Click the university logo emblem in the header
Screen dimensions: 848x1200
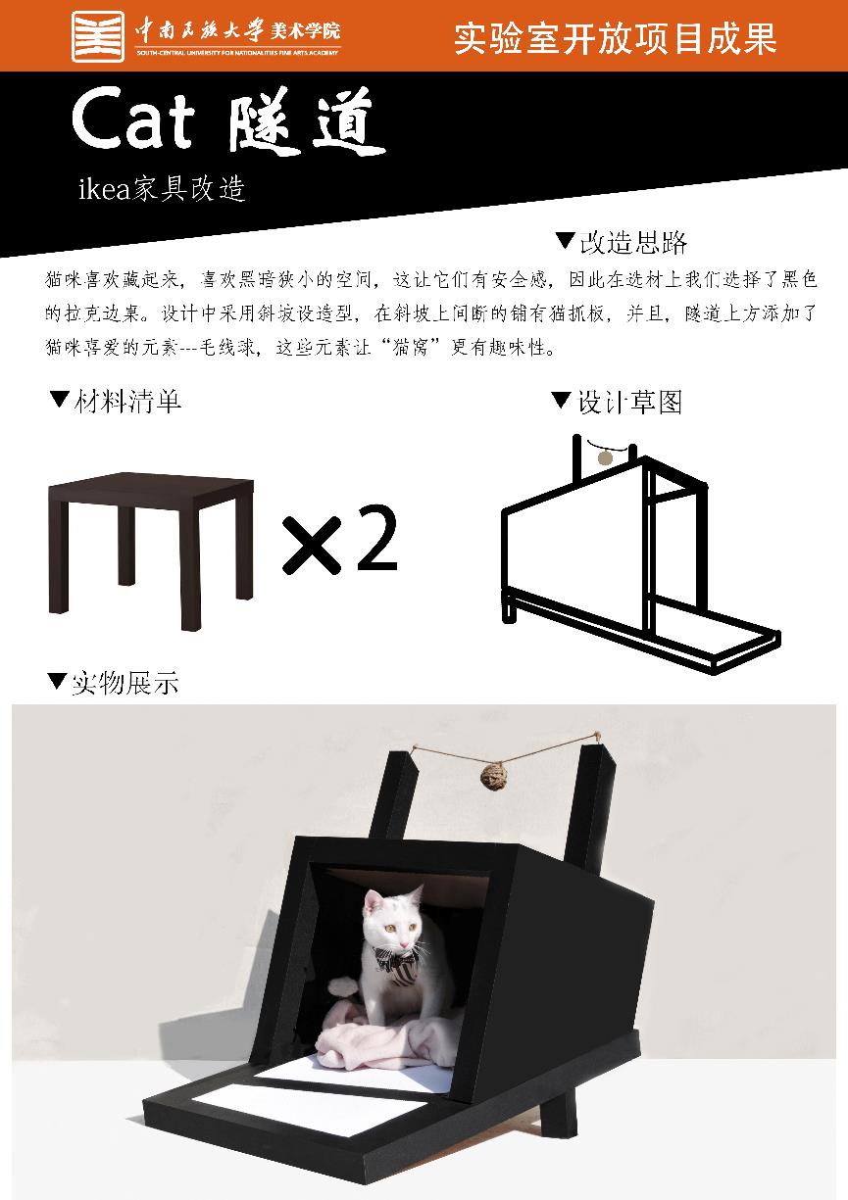[98, 36]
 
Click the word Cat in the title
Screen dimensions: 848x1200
[132, 121]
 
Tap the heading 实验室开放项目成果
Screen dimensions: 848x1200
[616, 38]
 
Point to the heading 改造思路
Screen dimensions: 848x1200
[633, 243]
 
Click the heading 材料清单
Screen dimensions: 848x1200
[127, 402]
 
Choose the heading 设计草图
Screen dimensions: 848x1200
[629, 402]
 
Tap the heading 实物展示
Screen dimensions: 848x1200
[125, 683]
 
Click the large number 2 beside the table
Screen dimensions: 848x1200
[376, 539]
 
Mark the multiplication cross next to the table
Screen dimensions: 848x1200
[312, 545]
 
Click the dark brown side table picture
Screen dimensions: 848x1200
[151, 551]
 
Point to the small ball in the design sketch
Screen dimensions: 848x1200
[605, 458]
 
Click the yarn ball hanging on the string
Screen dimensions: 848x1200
[494, 778]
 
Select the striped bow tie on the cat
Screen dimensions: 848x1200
[398, 963]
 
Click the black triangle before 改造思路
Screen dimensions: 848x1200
[565, 239]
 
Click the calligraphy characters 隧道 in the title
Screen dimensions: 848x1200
[307, 121]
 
